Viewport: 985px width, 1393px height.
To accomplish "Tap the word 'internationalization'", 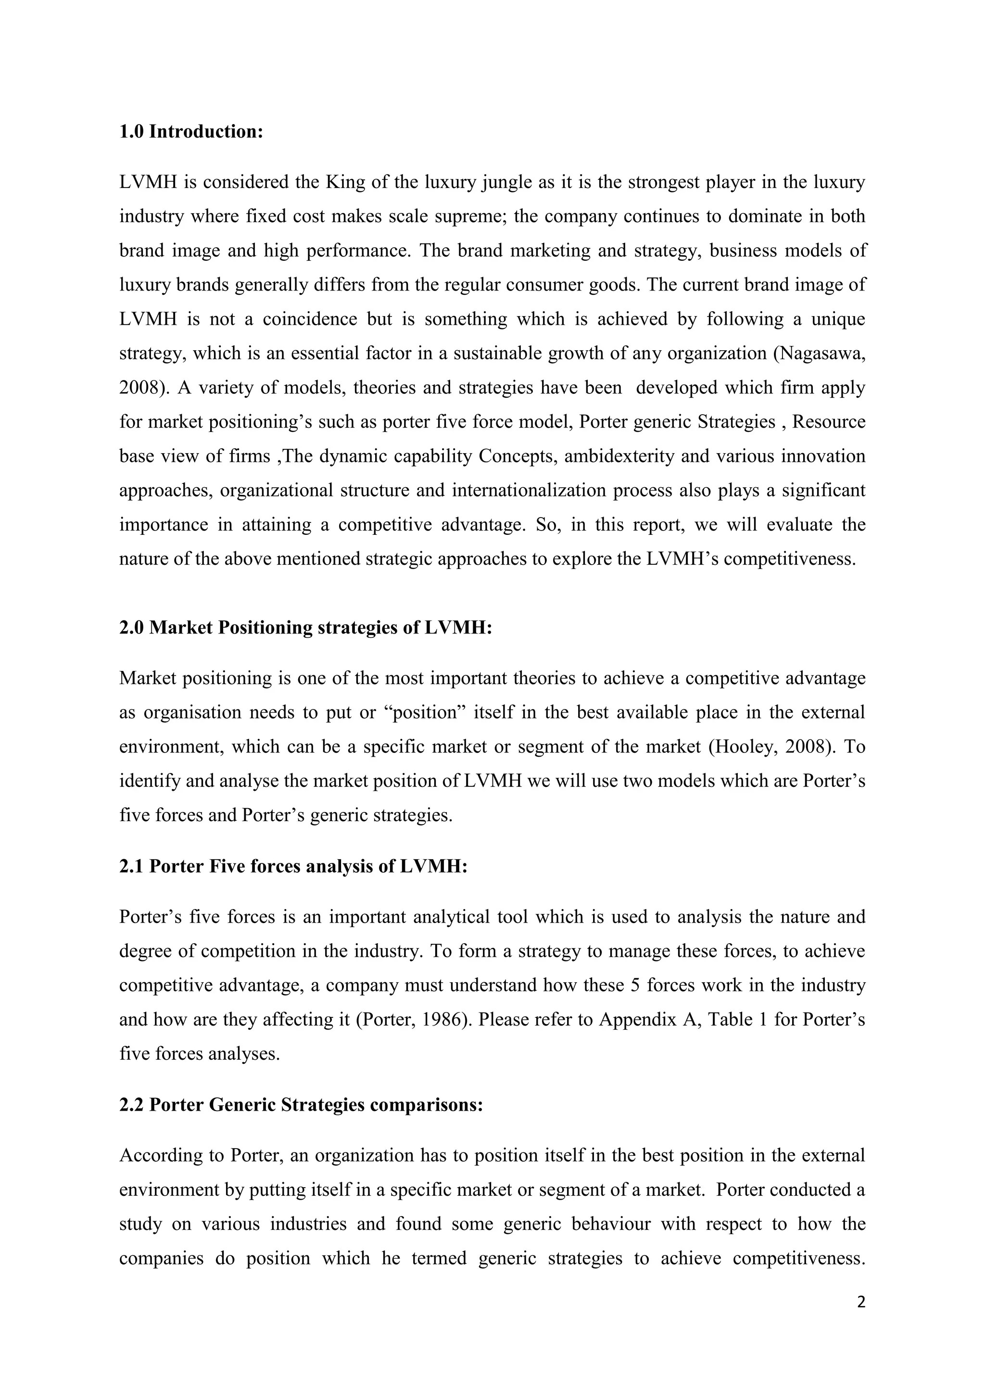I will pyautogui.click(x=529, y=490).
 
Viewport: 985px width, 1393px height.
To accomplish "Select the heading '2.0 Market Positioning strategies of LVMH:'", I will pyautogui.click(x=305, y=627).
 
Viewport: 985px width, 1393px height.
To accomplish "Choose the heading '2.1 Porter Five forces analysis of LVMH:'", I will pyautogui.click(x=293, y=866).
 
